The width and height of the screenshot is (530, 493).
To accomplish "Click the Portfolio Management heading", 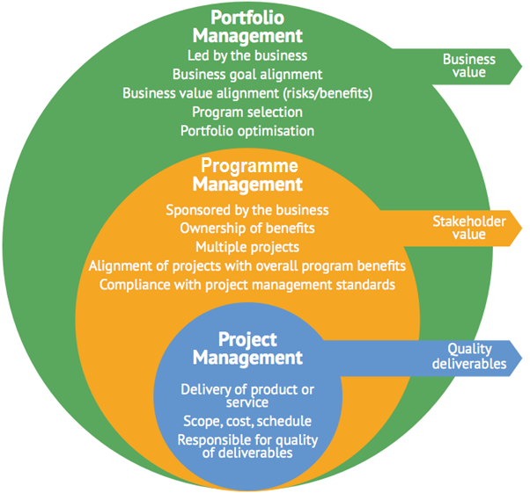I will (x=247, y=27).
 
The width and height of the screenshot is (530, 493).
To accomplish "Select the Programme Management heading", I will (x=247, y=175).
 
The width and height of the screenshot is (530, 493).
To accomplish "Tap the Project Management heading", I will (x=247, y=349).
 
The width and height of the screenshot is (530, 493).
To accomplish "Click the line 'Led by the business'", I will (x=247, y=57).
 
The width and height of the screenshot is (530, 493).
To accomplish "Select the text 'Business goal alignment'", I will (x=247, y=75).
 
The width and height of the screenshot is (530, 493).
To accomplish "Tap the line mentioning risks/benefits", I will (x=247, y=93).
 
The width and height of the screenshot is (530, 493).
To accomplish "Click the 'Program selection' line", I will (x=247, y=112).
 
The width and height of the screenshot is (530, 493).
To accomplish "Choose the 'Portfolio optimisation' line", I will (x=247, y=130).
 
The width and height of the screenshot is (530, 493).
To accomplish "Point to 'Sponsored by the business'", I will (x=247, y=210).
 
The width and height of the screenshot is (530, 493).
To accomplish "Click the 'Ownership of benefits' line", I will (x=247, y=228).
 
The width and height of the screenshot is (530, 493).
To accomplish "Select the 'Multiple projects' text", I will (x=247, y=247).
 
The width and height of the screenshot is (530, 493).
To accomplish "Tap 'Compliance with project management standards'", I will (x=247, y=285).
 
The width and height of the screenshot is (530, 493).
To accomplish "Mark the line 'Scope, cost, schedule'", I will (x=247, y=421).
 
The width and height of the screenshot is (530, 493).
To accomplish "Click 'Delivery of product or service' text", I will (x=247, y=395).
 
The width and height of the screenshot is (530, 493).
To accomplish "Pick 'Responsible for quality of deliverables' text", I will (x=247, y=446).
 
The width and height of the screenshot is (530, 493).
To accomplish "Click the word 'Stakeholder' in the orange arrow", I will (x=469, y=221).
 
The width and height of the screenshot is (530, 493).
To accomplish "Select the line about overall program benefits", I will (x=247, y=265).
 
